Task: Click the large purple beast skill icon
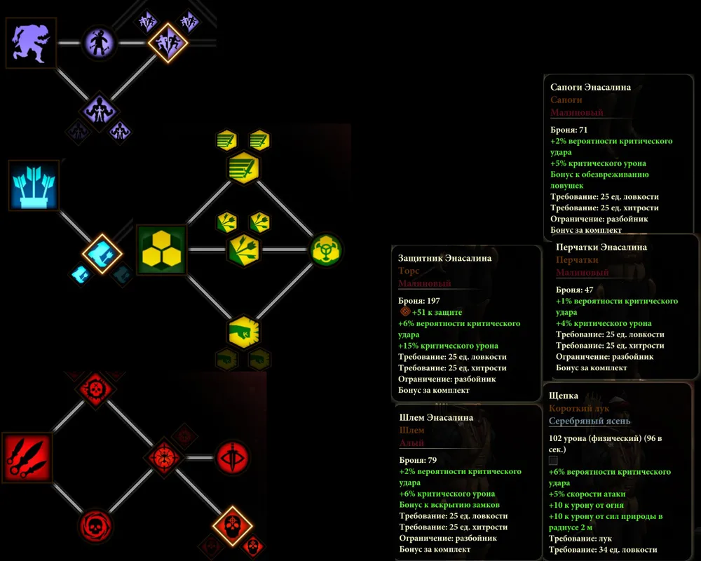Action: coord(31,43)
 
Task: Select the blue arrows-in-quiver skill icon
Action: coord(34,184)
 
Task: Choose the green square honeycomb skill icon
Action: coord(162,250)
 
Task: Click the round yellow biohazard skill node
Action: coord(326,250)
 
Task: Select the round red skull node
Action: coord(95,526)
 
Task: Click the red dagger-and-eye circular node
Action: coord(232,457)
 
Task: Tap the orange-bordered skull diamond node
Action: coord(232,525)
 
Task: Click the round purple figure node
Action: coord(99,43)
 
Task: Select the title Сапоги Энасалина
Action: coord(590,88)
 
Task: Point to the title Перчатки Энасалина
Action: coord(601,248)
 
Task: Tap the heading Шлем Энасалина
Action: coord(436,418)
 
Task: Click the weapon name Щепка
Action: coord(564,396)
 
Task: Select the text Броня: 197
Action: coord(419,301)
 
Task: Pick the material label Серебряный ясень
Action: coord(589,421)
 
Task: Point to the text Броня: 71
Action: coord(569,130)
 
